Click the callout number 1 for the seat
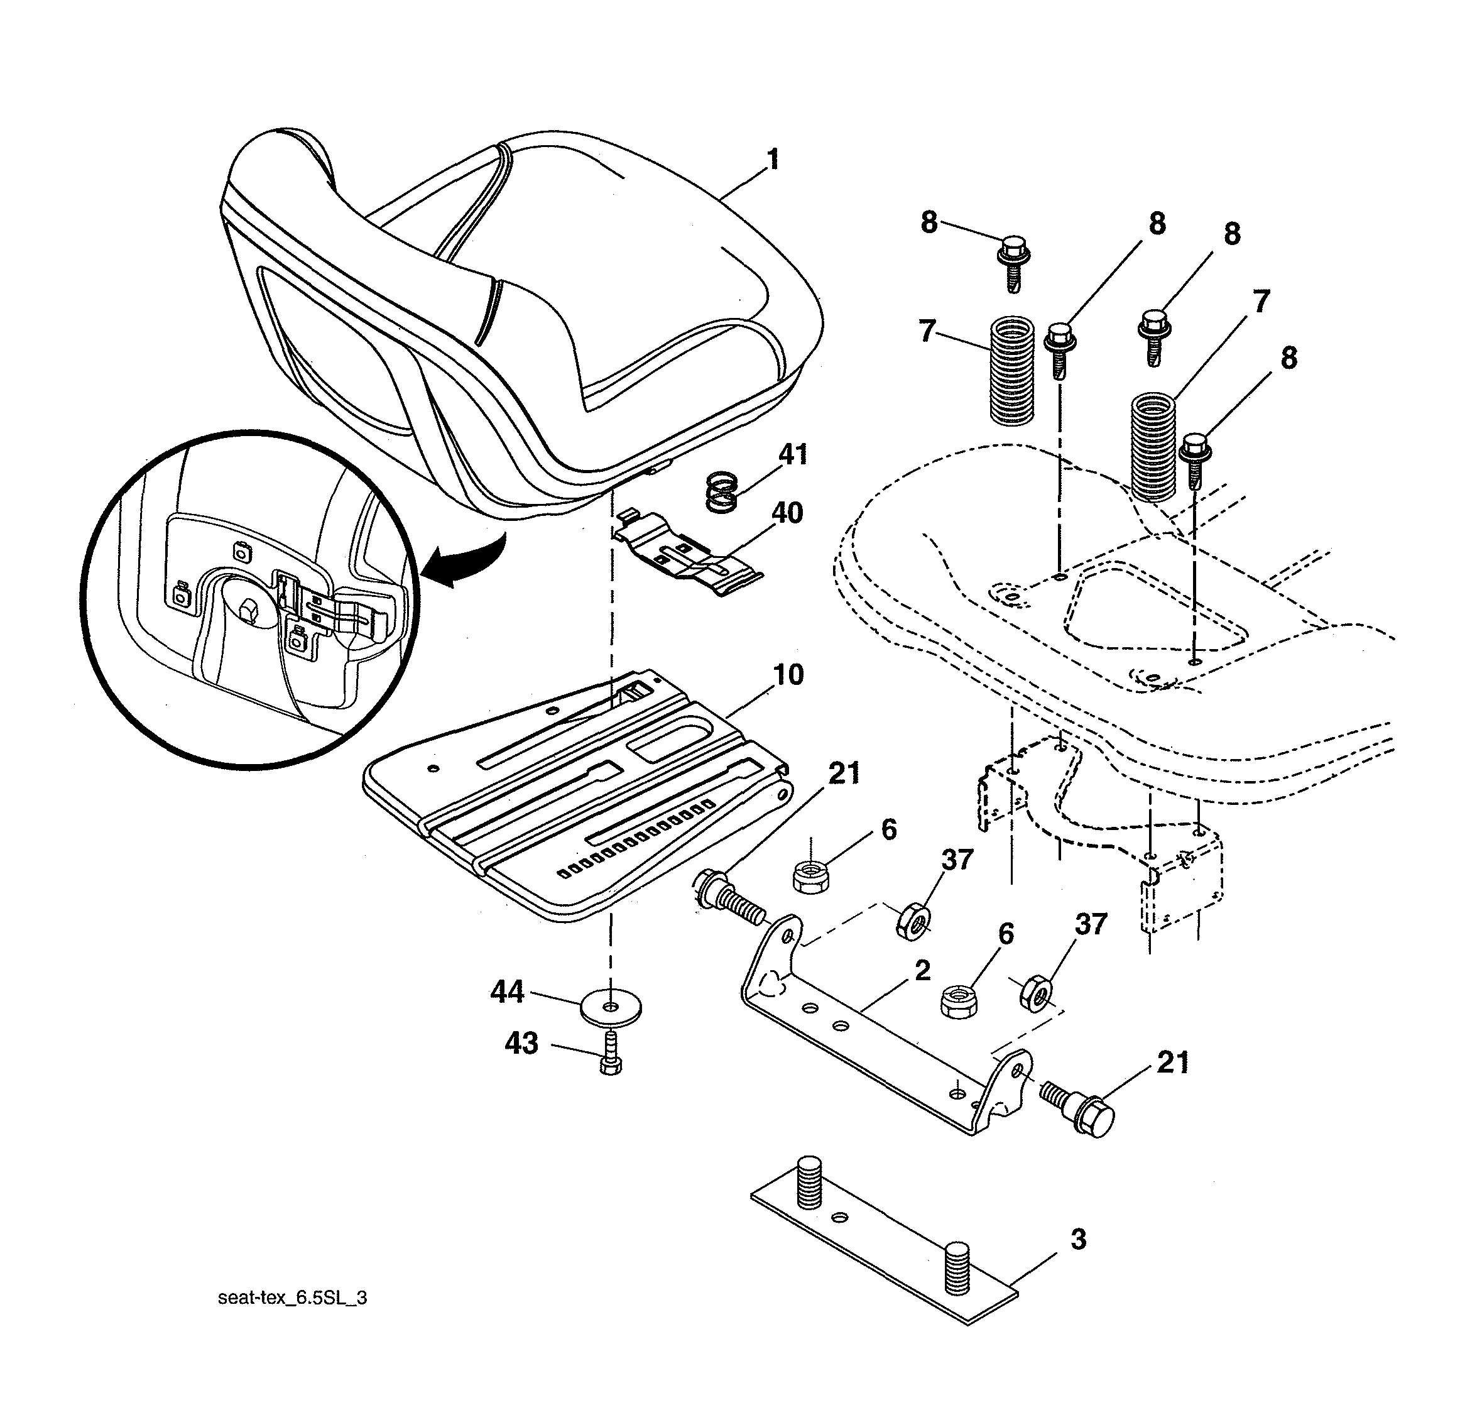coord(772,160)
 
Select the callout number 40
coord(787,513)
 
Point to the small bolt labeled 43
coord(611,1054)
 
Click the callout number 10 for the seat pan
coord(788,674)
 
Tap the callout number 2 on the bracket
coord(923,970)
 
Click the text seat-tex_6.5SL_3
coord(292,1298)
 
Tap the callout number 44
coord(507,992)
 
